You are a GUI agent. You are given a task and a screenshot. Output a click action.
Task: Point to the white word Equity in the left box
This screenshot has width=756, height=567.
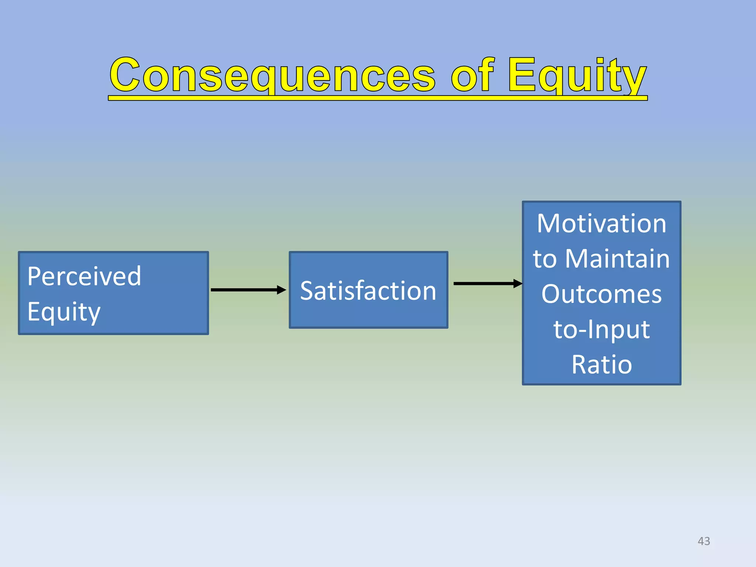[x=63, y=312]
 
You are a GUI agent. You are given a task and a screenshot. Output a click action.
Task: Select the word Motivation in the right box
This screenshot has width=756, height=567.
[x=601, y=224]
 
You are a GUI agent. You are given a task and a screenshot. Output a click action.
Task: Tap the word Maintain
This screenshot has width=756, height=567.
[x=617, y=259]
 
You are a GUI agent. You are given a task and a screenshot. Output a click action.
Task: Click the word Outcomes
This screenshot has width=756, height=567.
[x=601, y=294]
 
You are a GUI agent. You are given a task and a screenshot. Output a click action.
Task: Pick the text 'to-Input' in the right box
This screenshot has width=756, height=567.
[x=601, y=329]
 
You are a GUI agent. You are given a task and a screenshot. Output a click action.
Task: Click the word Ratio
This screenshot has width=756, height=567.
[x=601, y=365]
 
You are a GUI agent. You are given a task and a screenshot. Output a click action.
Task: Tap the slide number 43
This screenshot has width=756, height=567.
[x=704, y=541]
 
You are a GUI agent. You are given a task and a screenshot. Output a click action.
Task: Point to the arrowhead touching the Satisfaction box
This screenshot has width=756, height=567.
[x=282, y=290]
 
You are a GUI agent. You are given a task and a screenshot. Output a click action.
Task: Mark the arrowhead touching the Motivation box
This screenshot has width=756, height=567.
[x=518, y=283]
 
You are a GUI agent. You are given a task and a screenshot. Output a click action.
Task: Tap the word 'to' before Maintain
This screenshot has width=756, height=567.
[x=544, y=259]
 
